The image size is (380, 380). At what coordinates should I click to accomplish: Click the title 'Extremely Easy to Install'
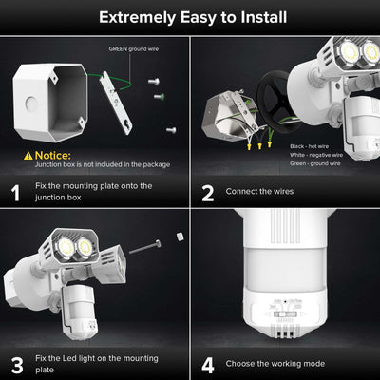pos(190,16)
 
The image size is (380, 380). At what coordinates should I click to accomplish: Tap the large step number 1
pos(16,193)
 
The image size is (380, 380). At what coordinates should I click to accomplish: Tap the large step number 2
pos(207,193)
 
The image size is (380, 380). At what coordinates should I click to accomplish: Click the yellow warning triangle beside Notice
pos(15,154)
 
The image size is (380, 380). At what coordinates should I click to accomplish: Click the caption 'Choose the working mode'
pos(275,362)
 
